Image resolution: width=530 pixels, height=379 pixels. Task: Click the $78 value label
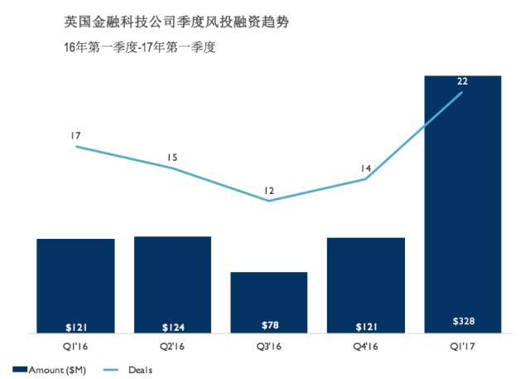click(269, 324)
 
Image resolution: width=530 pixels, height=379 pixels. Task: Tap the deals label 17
click(75, 134)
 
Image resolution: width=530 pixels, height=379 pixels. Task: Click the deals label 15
click(172, 156)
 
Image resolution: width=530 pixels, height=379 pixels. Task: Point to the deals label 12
click(269, 191)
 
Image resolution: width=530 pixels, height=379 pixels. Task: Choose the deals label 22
click(462, 80)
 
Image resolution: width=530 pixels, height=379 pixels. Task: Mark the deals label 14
click(365, 168)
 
